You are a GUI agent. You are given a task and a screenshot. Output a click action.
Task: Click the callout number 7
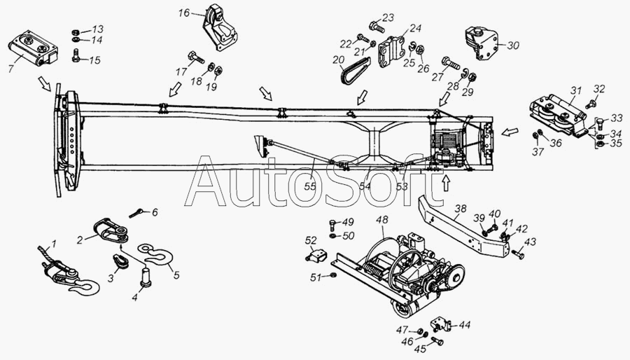pos(10,68)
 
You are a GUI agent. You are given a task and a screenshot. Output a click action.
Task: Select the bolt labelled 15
pos(76,55)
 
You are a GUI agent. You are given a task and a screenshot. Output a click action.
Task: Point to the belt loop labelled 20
pos(354,71)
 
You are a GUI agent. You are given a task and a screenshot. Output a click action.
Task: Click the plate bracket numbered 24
pos(391,53)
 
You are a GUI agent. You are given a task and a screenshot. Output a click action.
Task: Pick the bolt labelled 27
pos(451,62)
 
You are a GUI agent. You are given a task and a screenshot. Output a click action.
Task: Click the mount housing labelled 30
pos(481,43)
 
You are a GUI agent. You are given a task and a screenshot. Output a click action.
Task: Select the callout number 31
pos(575,90)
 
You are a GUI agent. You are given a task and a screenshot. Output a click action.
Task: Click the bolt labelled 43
pos(518,254)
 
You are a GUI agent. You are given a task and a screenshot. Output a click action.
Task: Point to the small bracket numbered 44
pos(441,324)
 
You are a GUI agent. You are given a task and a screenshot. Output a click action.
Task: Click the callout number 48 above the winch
pos(382,220)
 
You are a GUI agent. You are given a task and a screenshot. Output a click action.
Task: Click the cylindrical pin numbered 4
pos(145,278)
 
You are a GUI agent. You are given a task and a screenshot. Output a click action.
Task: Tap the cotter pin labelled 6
pos(135,213)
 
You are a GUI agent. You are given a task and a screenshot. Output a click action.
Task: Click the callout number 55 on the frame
pos(310,186)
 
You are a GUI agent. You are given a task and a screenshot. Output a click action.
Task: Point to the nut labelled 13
pos(75,32)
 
